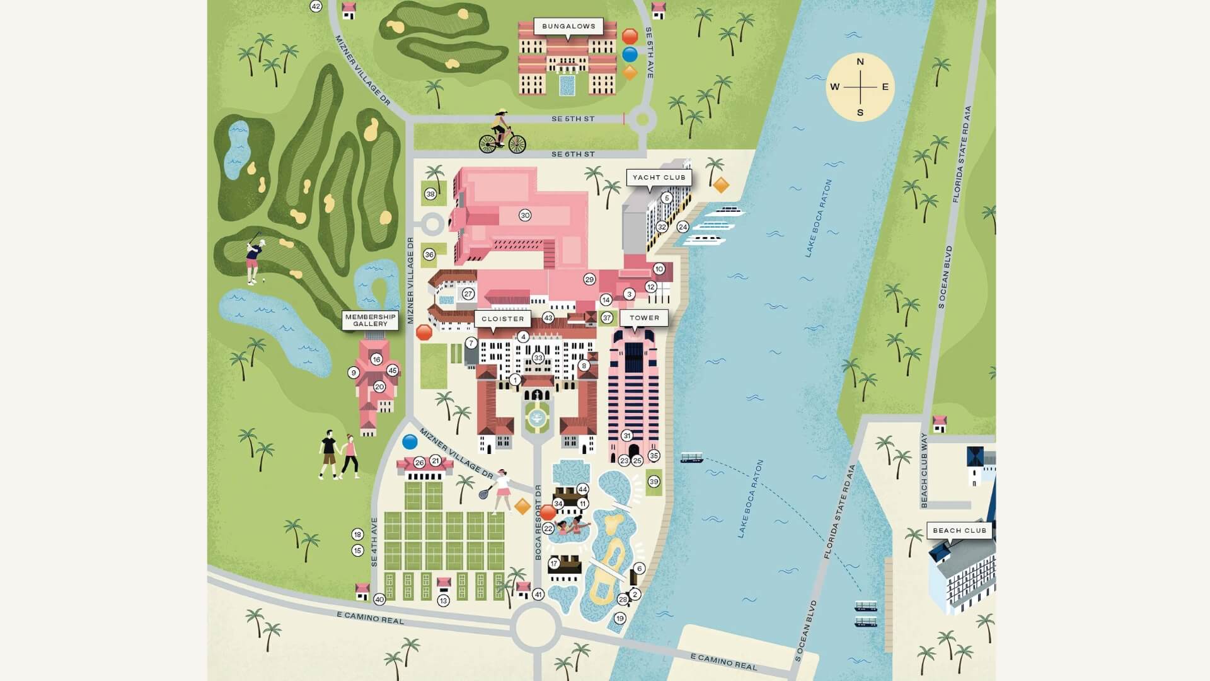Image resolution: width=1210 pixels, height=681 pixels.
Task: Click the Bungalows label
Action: coord(568,26)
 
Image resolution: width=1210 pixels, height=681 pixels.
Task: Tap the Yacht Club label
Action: coord(659,177)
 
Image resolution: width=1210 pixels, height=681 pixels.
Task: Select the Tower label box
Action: coord(644,318)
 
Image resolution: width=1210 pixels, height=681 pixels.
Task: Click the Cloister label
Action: coord(502,318)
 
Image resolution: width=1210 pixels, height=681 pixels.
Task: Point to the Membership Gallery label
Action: coord(371,320)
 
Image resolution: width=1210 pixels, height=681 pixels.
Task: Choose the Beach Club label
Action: coord(959,530)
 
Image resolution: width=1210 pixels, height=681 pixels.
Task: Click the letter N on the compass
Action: coord(860,62)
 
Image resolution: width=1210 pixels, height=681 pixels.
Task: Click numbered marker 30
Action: coord(525,215)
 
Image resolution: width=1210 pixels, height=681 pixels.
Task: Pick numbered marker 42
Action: coord(316,6)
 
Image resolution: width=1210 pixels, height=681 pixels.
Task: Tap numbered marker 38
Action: coord(430,194)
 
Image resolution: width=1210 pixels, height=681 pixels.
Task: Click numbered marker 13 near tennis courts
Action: coord(443,601)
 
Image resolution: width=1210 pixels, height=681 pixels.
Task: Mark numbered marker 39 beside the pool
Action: coord(654,482)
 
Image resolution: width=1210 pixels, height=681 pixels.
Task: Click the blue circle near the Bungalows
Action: coord(630,55)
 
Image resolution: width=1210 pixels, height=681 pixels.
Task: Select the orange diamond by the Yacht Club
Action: coord(721,185)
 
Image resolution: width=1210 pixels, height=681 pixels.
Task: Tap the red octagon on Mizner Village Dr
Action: coord(424,332)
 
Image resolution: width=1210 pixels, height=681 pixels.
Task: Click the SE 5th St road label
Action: coord(572,119)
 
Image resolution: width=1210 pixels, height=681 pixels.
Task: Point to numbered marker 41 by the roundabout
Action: coord(538,594)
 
